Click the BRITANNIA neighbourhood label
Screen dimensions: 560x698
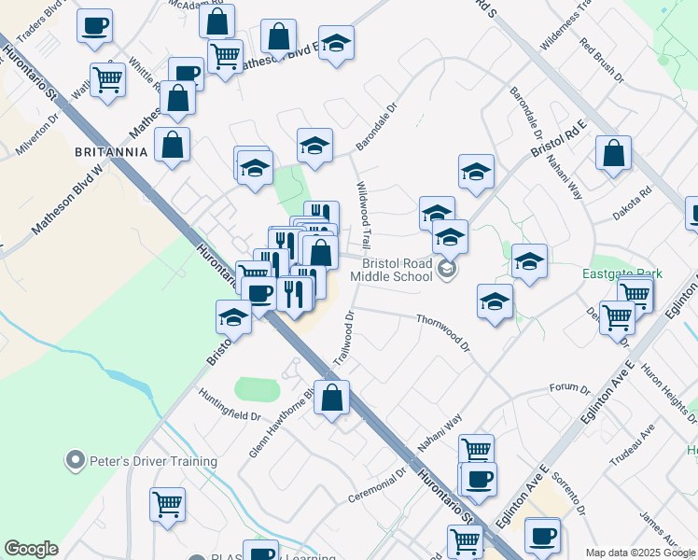[112, 151]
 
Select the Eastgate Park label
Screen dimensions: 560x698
[621, 273]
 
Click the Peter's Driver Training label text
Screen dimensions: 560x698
[153, 461]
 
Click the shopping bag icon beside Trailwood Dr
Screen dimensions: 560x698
[331, 397]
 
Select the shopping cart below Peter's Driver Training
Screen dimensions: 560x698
[167, 503]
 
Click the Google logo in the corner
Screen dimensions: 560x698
[31, 549]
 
